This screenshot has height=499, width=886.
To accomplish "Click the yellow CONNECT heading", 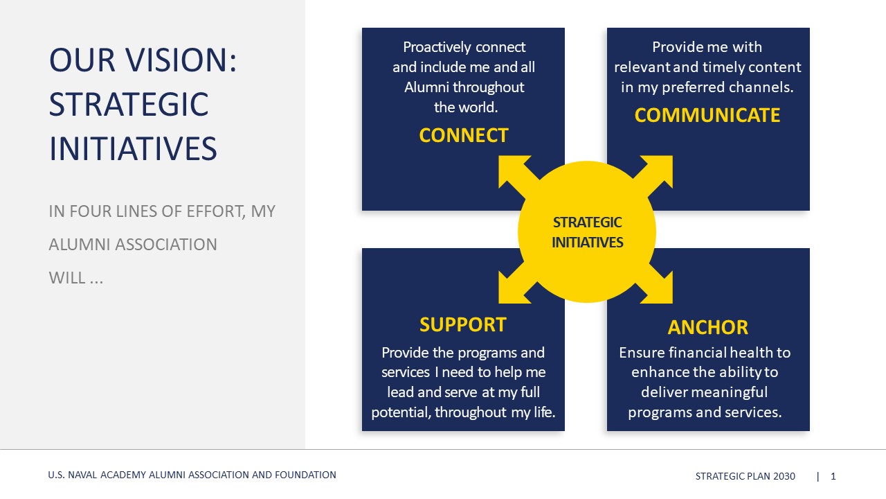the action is [x=464, y=135].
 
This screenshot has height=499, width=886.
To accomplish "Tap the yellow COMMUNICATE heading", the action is [x=707, y=115].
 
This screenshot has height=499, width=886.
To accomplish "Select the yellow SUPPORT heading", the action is [x=463, y=325].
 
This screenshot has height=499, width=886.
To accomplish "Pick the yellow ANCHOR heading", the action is [x=708, y=328].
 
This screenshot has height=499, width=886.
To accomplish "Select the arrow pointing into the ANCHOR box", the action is [x=653, y=287].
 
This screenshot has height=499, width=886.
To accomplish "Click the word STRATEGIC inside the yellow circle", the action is [x=588, y=222].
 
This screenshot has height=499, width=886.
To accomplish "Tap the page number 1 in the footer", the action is [x=833, y=476].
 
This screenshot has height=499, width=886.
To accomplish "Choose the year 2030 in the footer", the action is [x=784, y=476].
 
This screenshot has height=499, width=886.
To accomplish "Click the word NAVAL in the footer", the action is [x=82, y=475].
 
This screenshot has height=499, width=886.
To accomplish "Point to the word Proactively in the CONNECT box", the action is [x=437, y=48].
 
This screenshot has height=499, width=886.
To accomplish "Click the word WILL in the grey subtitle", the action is [x=67, y=278].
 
